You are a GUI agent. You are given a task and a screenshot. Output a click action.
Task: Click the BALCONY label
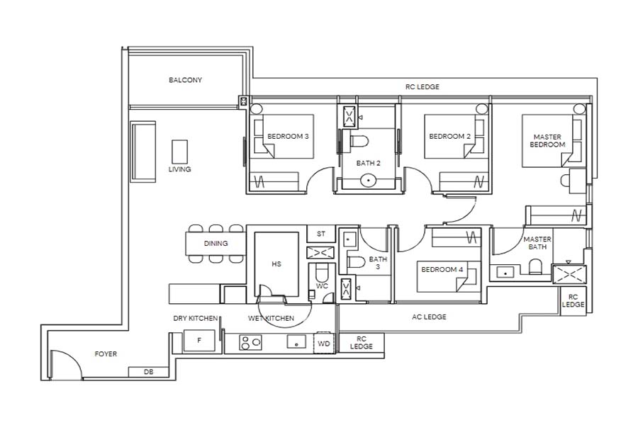[185, 80]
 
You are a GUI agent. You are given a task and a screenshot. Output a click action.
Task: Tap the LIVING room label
[179, 169]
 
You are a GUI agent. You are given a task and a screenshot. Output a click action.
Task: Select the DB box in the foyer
[148, 372]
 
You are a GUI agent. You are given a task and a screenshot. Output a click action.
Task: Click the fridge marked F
[198, 341]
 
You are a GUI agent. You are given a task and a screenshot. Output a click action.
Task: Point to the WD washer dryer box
[324, 344]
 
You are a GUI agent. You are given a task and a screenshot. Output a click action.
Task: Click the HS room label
[276, 263]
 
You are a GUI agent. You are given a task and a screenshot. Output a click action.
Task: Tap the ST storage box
[320, 234]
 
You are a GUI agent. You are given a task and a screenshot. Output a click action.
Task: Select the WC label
[322, 286]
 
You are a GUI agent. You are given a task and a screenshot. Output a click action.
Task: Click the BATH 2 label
[368, 163]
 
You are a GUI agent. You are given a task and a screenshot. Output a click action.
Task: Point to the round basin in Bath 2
[368, 181]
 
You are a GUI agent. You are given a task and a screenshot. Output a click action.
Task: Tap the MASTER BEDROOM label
[547, 140]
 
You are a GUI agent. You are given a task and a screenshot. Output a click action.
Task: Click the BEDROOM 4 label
[442, 269]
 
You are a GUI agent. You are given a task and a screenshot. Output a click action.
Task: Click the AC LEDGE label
[429, 317]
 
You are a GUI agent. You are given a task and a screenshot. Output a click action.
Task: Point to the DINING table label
[216, 244]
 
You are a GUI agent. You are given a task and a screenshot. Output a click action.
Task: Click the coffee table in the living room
[179, 152]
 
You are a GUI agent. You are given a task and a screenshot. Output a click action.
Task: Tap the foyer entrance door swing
[64, 365]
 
